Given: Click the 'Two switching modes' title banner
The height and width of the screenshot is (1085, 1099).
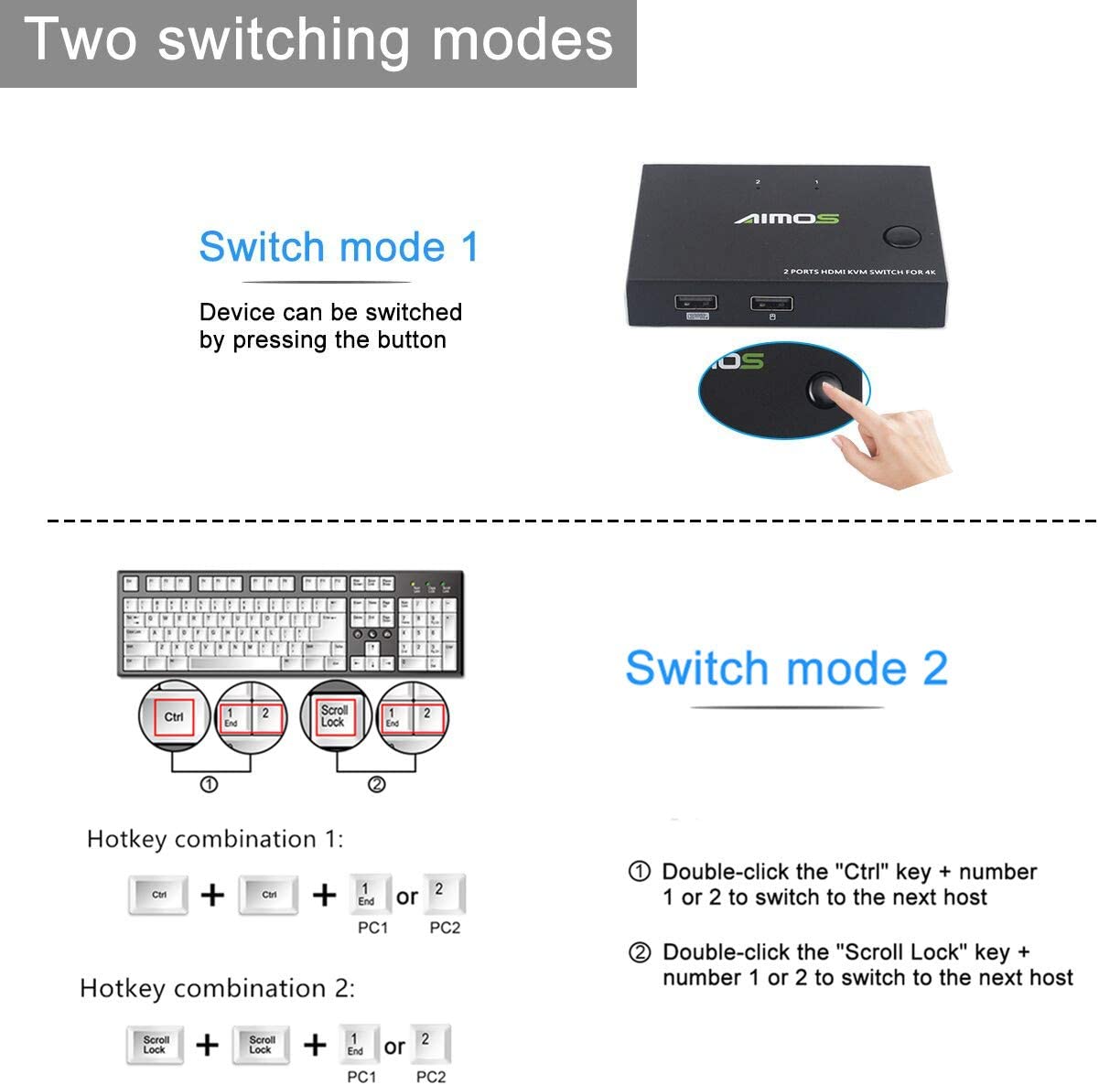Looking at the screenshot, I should [318, 41].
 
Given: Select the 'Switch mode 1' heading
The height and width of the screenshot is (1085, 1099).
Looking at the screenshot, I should [339, 247].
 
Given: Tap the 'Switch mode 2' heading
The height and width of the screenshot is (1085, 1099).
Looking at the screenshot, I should [786, 668].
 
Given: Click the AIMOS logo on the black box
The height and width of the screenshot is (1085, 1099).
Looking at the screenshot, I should [786, 218].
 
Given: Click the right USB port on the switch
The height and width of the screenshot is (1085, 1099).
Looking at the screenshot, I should [771, 304].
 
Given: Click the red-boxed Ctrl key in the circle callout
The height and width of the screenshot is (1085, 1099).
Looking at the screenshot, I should [174, 717].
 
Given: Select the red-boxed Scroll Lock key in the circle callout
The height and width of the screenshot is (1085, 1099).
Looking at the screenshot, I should [334, 715].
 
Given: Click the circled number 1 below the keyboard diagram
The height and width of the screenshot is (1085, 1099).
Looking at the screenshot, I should [209, 784].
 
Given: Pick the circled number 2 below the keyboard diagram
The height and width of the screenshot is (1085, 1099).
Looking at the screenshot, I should [376, 784].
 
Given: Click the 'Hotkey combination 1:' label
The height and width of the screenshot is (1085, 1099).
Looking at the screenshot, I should [215, 839].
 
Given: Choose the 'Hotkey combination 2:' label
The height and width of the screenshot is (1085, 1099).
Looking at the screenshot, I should [217, 988].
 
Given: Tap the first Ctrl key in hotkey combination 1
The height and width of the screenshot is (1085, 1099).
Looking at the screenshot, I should [159, 895].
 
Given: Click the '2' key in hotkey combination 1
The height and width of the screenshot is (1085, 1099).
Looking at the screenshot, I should [444, 893].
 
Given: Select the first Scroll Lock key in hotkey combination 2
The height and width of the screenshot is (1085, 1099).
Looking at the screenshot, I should [156, 1045].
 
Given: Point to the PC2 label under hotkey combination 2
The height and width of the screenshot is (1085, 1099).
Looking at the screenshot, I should [431, 1077].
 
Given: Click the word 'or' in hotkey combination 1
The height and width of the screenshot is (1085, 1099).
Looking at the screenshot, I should [407, 897].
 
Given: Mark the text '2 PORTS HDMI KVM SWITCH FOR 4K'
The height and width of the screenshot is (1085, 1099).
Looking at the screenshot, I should [858, 272].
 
